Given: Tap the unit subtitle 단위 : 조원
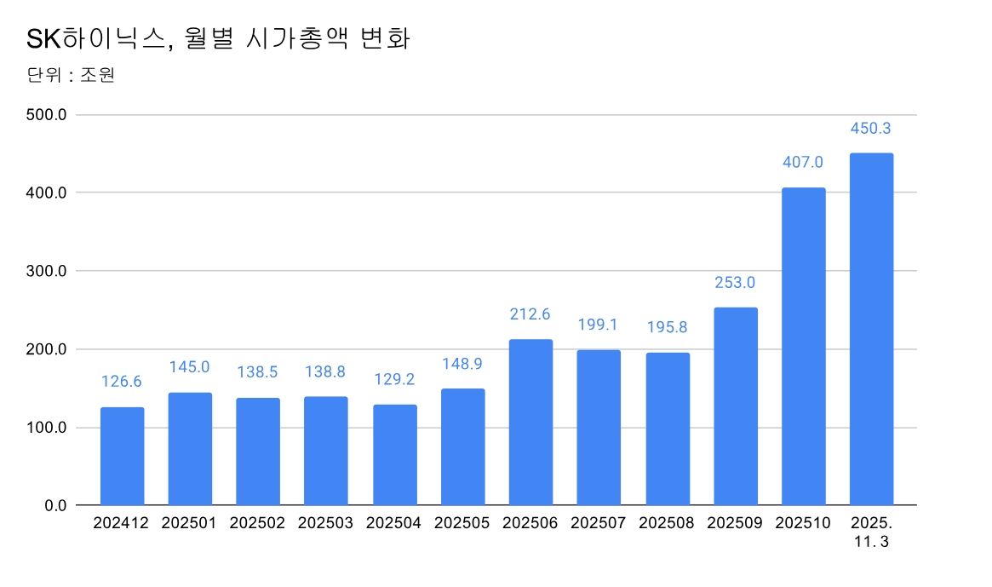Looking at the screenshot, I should click(72, 75).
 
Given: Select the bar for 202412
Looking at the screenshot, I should click(122, 457).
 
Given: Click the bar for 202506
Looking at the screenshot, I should click(530, 423).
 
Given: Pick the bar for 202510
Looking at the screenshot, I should click(804, 347).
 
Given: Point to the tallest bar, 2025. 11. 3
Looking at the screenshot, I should click(871, 330).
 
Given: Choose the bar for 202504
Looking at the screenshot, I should click(395, 455).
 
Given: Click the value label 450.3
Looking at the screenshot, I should click(871, 129).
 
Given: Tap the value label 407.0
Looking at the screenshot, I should click(803, 162).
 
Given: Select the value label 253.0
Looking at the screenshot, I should click(735, 283).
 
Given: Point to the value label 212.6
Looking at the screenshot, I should click(530, 314).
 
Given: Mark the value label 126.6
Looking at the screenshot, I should click(122, 383).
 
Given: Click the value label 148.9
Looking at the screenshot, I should click(462, 364).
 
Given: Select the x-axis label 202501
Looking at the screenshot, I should click(189, 523).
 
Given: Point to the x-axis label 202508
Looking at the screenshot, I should click(667, 523).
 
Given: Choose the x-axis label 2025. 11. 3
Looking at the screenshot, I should click(871, 531).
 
